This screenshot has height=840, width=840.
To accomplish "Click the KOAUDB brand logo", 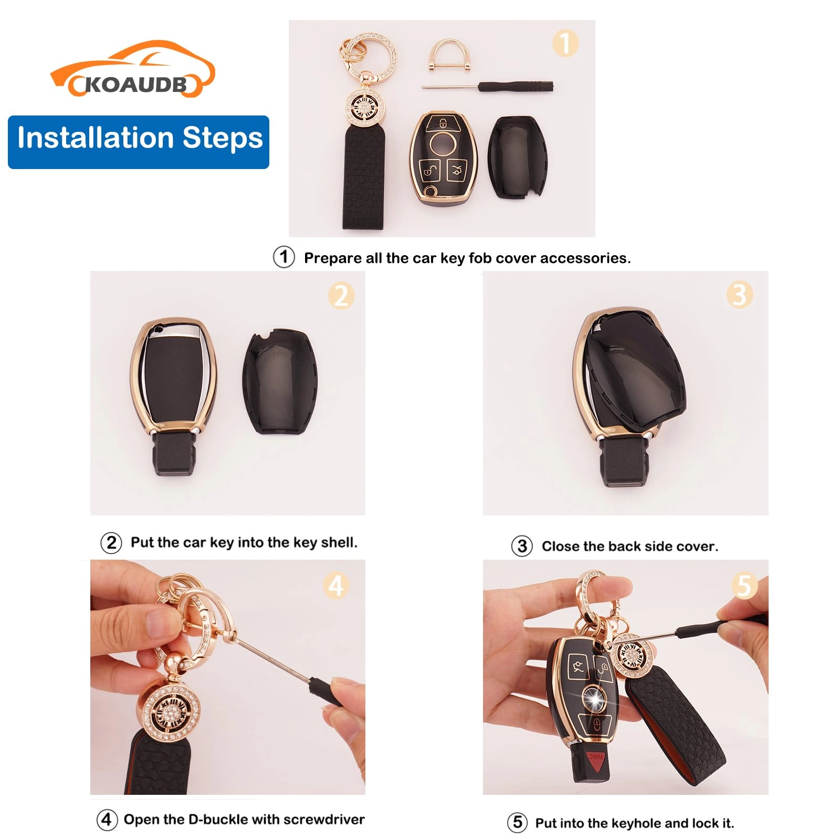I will (x=132, y=71).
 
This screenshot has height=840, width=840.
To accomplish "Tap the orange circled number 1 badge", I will (x=565, y=43).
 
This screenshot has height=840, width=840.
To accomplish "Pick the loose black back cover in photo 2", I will (x=280, y=382).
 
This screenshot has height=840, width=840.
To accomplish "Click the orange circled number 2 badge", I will (x=341, y=296).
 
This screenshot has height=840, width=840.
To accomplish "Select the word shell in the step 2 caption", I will (x=338, y=542).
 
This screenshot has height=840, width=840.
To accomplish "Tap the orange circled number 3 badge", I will (x=739, y=295).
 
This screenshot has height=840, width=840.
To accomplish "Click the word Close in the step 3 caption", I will (x=560, y=546).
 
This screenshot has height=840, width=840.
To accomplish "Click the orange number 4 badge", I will (x=336, y=585).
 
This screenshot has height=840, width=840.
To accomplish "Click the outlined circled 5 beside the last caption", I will (x=517, y=822).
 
